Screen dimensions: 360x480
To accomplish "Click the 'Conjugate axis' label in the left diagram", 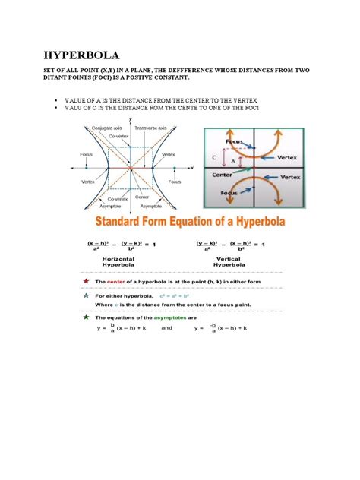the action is pos(108,128).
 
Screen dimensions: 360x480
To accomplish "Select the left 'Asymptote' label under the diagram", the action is pos(106,206).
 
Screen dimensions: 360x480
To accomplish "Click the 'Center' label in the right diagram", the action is pos(221,174).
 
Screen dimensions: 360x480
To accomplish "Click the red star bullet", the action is pos(89,281).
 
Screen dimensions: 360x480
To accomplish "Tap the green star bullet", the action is pos(89,316).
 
